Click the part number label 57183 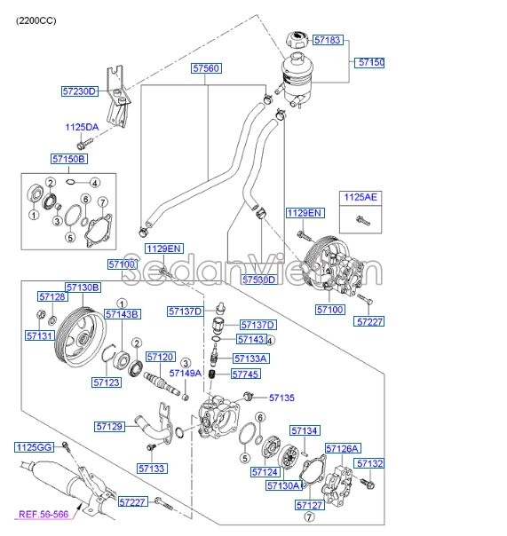[x=327, y=41]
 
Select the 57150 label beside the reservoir [x=371, y=63]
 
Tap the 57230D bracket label [x=79, y=91]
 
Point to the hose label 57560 [x=207, y=67]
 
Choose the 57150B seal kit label [x=68, y=159]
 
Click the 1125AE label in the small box [x=360, y=198]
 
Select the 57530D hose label [x=260, y=280]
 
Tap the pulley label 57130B [x=83, y=288]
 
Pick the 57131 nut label [x=40, y=336]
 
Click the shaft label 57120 [x=161, y=356]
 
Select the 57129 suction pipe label [x=110, y=427]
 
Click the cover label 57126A [x=343, y=448]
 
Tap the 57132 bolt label [x=369, y=463]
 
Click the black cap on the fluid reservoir [x=296, y=40]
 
